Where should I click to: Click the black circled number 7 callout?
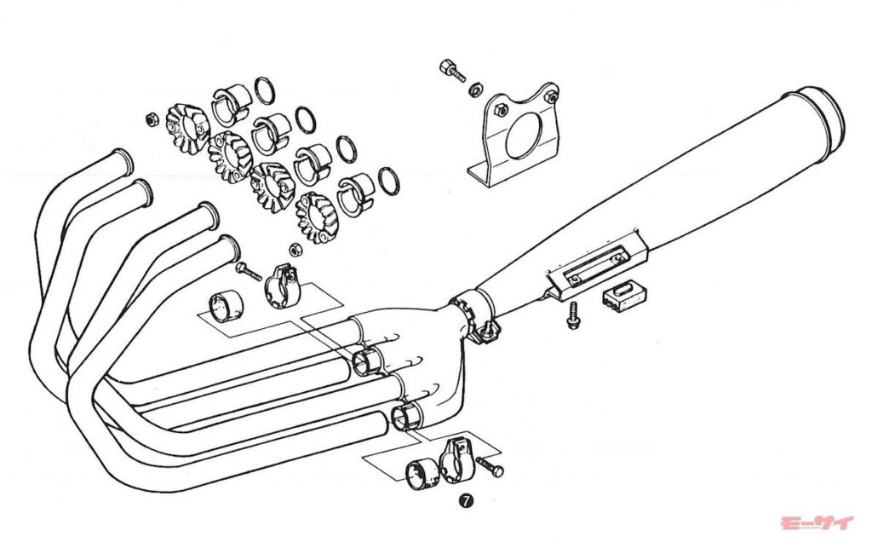tap(466, 501)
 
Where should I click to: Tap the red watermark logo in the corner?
tap(817, 523)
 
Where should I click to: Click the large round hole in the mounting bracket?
tap(524, 136)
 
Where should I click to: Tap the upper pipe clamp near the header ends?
tap(282, 286)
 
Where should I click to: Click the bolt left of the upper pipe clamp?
tap(249, 271)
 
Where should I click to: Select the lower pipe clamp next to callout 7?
tap(457, 460)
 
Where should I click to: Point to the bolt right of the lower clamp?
tap(490, 467)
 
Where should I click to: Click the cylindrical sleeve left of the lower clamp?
tap(423, 475)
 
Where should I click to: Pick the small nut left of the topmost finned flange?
tap(150, 119)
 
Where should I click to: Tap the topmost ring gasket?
tap(265, 90)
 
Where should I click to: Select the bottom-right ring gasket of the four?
tap(388, 181)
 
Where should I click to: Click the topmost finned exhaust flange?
tap(188, 129)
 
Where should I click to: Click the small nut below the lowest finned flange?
tap(295, 250)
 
